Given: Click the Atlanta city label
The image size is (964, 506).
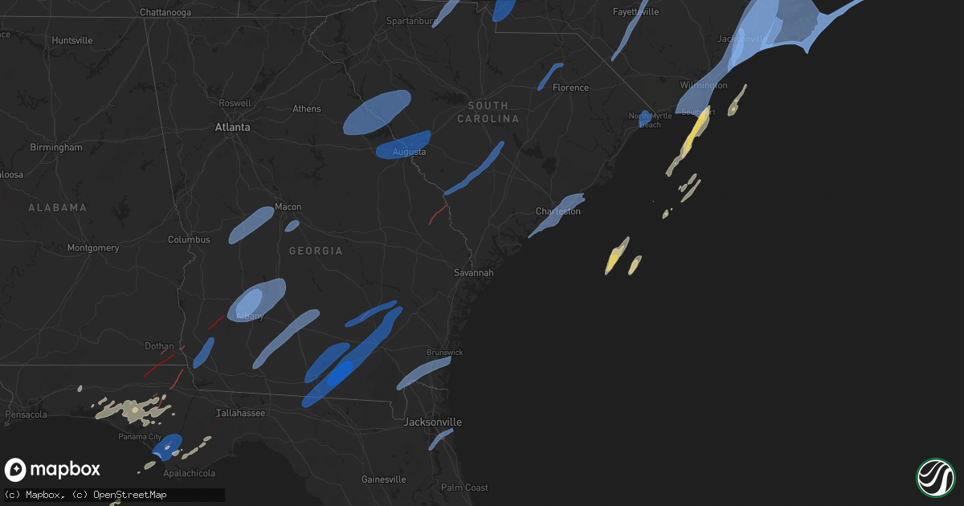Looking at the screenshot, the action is click(x=232, y=127).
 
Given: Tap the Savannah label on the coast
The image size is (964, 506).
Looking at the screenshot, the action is click(x=473, y=273).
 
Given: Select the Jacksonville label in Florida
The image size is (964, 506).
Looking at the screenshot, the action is click(x=433, y=422).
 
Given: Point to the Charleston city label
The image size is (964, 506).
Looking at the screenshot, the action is click(x=558, y=211).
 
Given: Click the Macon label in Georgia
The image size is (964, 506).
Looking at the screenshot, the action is click(x=288, y=207).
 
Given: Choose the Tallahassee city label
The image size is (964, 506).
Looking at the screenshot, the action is click(x=241, y=413).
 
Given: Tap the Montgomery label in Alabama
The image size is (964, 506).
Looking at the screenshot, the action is click(x=93, y=248).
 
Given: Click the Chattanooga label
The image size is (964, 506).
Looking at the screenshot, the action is click(x=165, y=13).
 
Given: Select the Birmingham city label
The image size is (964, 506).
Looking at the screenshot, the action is click(x=56, y=148).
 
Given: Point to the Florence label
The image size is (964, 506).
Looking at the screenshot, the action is click(x=570, y=88).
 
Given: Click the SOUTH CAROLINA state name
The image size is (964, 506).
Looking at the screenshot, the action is click(x=488, y=112).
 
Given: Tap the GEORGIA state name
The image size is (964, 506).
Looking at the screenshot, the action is click(x=316, y=251).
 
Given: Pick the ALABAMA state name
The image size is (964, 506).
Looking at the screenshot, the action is click(x=57, y=208).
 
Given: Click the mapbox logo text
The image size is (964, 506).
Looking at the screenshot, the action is click(x=65, y=469).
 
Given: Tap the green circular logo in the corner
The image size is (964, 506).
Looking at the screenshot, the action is click(x=935, y=477).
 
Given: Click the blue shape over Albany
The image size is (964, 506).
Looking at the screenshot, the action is click(x=257, y=300).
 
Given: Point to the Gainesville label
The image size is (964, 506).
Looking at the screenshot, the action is click(x=383, y=479).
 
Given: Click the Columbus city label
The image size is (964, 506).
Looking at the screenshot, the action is click(x=189, y=240).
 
